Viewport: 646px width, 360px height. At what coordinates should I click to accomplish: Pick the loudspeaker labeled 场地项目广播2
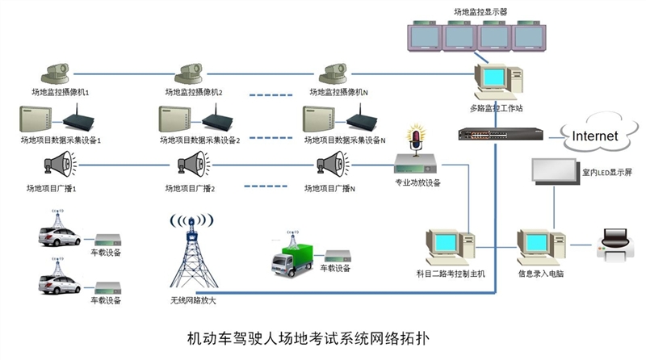click(x=195, y=166)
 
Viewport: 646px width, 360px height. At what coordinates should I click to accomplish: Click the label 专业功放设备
click(x=417, y=183)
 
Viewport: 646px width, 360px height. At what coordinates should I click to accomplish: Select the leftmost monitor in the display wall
click(x=425, y=36)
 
